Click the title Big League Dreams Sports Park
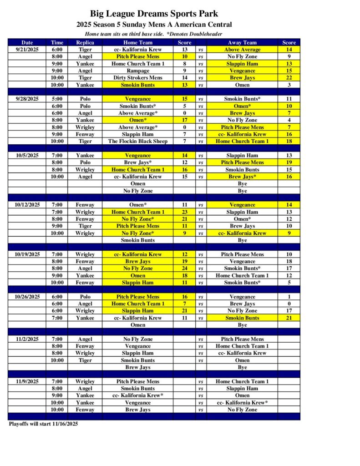click(154, 14)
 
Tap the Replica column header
click(85, 42)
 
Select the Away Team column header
click(242, 42)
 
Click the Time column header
click(57, 42)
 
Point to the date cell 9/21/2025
click(27, 50)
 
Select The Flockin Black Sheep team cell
click(137, 141)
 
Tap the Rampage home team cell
click(137, 71)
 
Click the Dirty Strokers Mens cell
click(137, 78)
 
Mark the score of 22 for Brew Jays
click(289, 78)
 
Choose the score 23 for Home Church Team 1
click(184, 212)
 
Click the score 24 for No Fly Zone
click(184, 268)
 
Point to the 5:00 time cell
click(57, 99)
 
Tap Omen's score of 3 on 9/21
click(289, 85)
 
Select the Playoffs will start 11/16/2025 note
click(44, 424)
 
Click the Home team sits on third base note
click(153, 34)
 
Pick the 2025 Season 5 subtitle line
click(154, 25)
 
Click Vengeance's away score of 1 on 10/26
click(289, 297)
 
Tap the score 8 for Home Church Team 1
click(184, 64)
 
